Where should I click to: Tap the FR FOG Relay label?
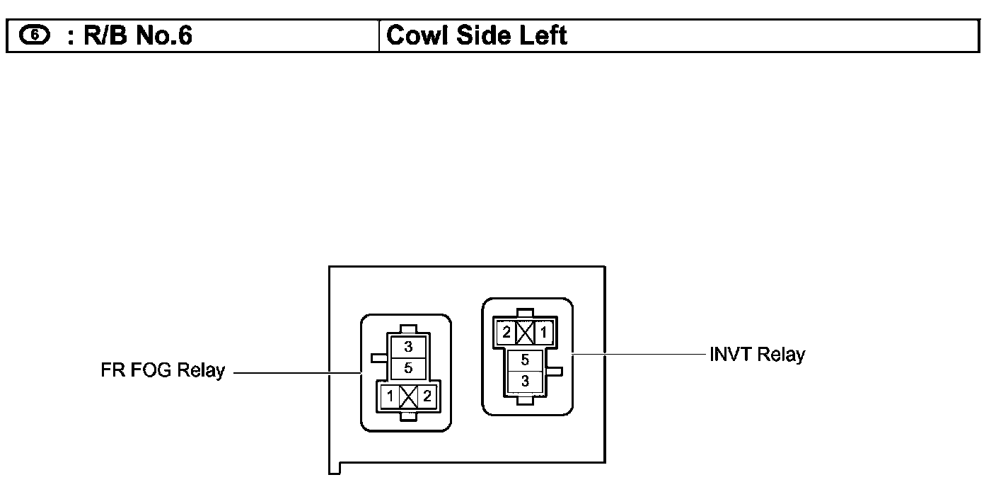163,370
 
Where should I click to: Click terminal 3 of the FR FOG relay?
407,347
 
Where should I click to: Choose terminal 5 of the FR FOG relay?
407,368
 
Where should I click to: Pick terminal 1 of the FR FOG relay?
390,397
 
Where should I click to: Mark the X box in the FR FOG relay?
408,397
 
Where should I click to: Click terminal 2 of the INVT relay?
506,332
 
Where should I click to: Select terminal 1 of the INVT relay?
543,332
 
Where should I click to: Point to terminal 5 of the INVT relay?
525,360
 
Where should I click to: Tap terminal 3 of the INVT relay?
525,381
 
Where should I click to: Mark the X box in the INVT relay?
525,332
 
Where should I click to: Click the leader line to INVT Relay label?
637,354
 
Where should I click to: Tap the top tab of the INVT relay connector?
525,312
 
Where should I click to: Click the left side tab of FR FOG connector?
377,357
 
